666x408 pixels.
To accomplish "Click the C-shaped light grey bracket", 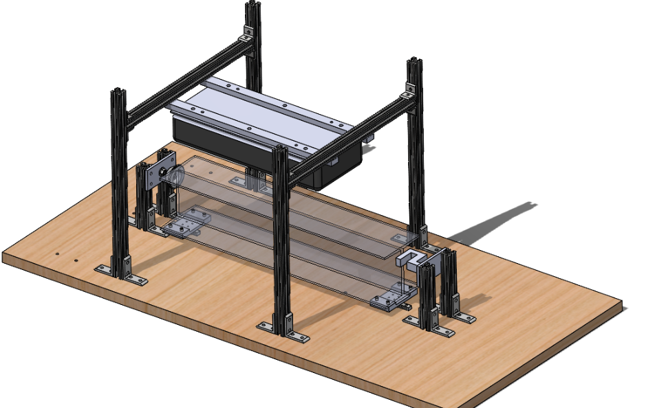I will coord(411,258).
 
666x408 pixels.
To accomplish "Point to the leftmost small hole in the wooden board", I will coord(56,255).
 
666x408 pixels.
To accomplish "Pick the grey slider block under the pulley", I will coord(184,227).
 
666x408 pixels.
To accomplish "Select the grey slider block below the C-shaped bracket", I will coord(389,302).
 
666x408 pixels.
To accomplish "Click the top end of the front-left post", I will coord(118,91).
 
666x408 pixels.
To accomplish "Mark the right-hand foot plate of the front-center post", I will coord(297,336).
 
